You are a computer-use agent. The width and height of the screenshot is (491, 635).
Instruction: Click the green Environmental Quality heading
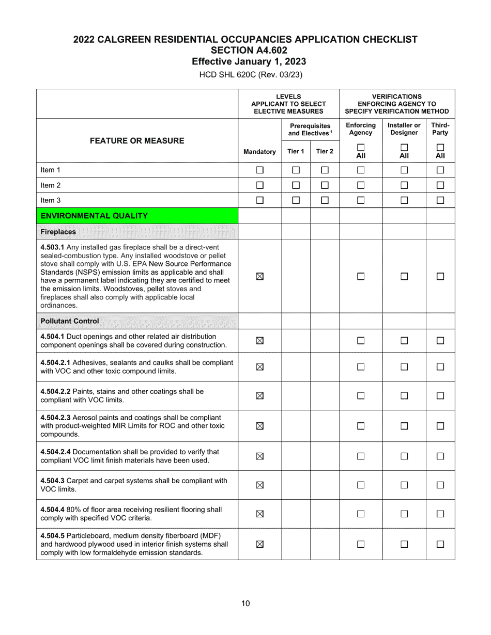(94, 216)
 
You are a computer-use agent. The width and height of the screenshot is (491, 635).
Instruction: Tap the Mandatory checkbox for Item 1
(260, 170)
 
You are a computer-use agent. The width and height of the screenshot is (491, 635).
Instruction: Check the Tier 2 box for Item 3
(325, 200)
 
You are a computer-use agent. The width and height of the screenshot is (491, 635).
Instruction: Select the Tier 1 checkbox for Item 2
(296, 185)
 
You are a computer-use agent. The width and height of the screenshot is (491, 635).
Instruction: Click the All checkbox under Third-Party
(440, 147)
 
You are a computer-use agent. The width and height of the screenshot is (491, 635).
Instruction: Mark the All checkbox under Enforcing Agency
(361, 147)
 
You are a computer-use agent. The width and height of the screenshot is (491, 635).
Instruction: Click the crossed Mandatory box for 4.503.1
(260, 276)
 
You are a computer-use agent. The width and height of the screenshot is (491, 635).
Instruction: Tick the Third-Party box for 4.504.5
(440, 544)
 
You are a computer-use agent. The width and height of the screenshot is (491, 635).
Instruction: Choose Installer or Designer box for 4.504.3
(404, 485)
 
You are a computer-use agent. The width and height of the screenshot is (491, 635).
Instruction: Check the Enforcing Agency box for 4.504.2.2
(361, 396)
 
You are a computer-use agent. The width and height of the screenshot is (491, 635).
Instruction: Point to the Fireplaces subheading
(58, 232)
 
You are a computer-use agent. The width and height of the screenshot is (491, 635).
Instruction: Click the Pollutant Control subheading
(70, 321)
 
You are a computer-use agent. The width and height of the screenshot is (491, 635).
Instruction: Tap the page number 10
(245, 604)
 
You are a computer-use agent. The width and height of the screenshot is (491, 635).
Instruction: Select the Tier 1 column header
(296, 152)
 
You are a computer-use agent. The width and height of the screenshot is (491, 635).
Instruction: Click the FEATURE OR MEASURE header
(137, 140)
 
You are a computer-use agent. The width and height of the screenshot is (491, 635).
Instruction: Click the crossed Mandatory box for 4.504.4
(260, 514)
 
